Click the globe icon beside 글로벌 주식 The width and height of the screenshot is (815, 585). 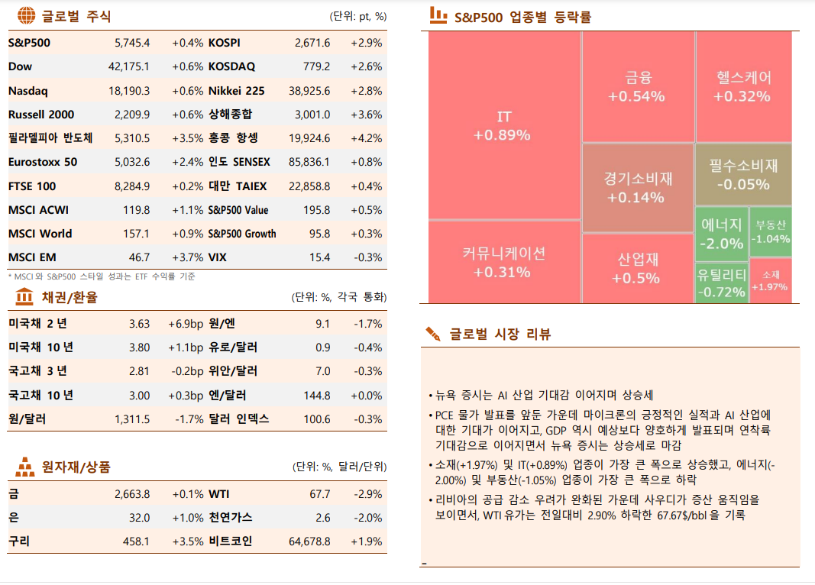[26, 15]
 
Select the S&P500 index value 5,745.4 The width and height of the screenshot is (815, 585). [131, 43]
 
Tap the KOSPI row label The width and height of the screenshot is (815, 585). [224, 43]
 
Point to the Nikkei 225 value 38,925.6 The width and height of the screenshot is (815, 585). [309, 91]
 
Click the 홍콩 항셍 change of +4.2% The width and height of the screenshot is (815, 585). [366, 138]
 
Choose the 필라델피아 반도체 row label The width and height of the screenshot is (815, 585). [50, 138]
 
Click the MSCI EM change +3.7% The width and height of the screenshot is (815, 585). [187, 257]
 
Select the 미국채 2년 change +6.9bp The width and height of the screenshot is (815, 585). [185, 324]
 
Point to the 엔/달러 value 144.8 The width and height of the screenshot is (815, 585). [316, 396]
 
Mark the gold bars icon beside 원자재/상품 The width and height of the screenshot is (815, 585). [25, 466]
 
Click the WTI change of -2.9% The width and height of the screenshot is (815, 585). [367, 494]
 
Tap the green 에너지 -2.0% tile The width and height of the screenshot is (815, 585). [721, 234]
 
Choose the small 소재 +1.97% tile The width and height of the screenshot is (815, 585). [770, 280]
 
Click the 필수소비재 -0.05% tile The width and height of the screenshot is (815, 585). [742, 174]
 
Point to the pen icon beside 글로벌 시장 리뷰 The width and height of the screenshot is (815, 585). [433, 334]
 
